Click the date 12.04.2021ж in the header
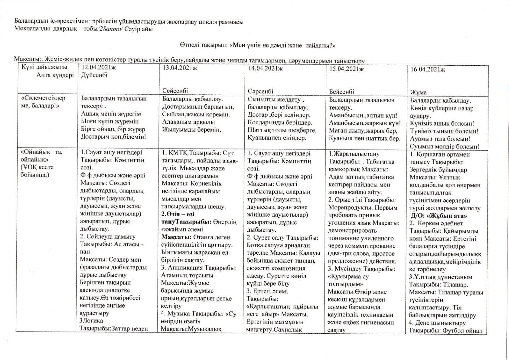click(99, 67)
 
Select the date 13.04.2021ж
click(180, 68)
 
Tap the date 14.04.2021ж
click(265, 68)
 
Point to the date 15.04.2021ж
click(347, 69)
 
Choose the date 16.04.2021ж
click(428, 70)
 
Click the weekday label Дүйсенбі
click(94, 75)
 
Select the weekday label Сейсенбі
click(175, 91)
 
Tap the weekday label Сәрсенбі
click(260, 91)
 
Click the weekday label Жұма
click(416, 93)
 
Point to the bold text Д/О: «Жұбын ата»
click(439, 216)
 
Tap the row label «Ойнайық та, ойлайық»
click(42, 156)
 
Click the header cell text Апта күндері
click(55, 75)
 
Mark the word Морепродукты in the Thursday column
click(346, 208)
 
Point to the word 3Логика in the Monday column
click(91, 321)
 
